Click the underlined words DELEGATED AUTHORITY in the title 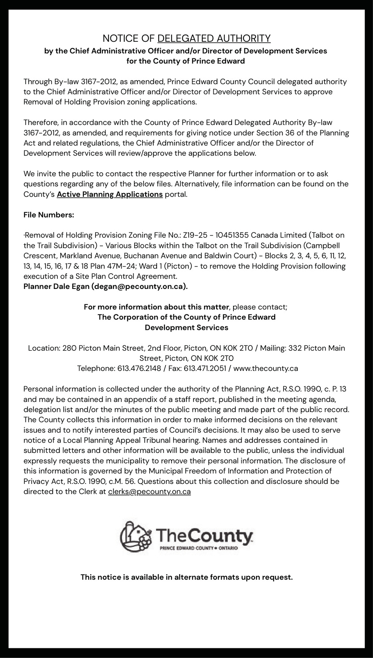pos(214,38)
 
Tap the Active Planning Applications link pos(110,194)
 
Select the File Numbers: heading pos(49,215)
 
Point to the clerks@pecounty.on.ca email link pos(149,491)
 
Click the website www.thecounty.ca pos(265,368)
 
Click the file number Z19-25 pos(193,235)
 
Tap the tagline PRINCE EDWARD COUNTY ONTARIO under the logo pos(199,548)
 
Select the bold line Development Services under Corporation pos(186,328)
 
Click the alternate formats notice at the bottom pos(186,577)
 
